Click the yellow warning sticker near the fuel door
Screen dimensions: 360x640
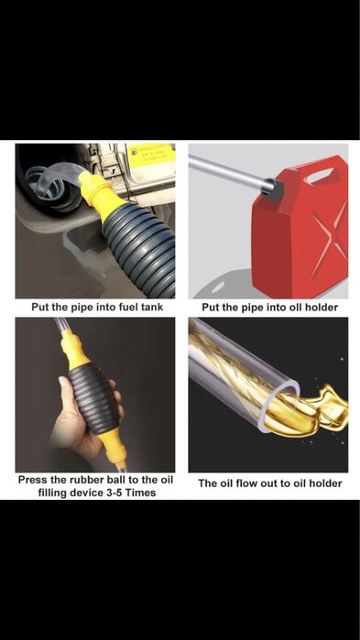point(152,156)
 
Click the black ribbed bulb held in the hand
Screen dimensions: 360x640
point(92,399)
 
